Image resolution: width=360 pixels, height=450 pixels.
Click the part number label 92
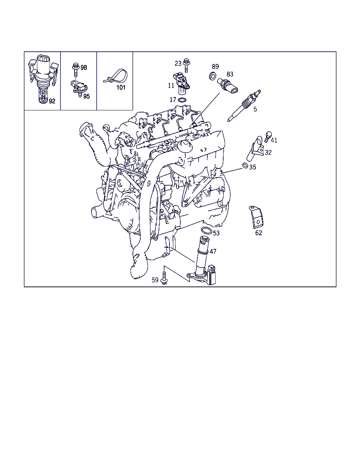(x=52, y=101)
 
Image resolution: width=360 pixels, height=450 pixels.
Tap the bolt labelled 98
(x=76, y=70)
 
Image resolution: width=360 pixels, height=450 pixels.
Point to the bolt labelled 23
(x=186, y=65)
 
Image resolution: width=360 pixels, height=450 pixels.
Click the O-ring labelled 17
(x=182, y=100)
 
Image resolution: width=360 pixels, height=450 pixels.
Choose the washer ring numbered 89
(x=213, y=76)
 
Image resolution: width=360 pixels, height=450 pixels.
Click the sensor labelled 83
(x=227, y=86)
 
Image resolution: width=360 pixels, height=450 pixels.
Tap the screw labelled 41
(x=268, y=137)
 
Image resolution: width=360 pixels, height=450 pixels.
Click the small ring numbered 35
(x=245, y=165)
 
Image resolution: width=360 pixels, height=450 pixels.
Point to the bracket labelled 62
(x=256, y=217)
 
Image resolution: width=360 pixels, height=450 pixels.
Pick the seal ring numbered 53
(x=206, y=230)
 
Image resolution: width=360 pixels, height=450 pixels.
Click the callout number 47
(x=213, y=251)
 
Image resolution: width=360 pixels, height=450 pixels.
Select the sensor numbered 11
(x=181, y=83)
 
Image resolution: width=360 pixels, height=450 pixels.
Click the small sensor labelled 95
(x=79, y=88)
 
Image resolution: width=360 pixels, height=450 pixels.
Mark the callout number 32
(x=268, y=153)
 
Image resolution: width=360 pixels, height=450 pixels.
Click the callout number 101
(x=121, y=88)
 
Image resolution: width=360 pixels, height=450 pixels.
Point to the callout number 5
(x=255, y=109)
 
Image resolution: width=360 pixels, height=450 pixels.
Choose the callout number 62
(x=258, y=233)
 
